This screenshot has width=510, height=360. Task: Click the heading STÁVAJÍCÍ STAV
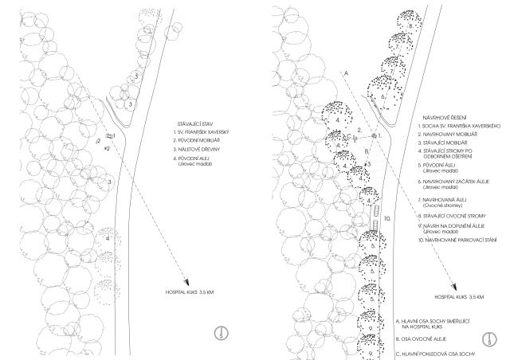pos(199,124)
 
